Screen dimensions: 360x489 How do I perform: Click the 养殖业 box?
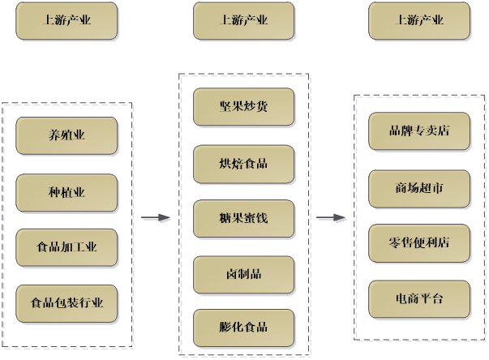click(x=66, y=135)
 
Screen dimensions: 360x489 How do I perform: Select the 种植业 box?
click(x=66, y=192)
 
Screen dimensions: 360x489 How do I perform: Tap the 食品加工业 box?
click(x=66, y=247)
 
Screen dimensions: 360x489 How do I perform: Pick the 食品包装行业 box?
click(x=66, y=303)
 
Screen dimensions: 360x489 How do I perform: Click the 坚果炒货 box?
click(x=243, y=107)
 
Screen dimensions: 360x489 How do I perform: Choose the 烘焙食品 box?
click(x=243, y=163)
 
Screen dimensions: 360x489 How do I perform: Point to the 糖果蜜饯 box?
click(x=243, y=218)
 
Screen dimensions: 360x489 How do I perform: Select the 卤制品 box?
click(x=243, y=273)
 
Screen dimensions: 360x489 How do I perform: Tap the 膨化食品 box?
click(x=243, y=328)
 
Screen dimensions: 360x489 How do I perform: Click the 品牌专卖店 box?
click(x=419, y=131)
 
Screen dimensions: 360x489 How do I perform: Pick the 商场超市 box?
click(x=419, y=188)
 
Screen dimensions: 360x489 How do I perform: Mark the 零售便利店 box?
click(x=419, y=242)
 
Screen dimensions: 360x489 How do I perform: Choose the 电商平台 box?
click(x=419, y=298)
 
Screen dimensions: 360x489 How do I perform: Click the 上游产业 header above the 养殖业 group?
click(x=66, y=21)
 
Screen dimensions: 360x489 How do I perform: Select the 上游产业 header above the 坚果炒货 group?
click(x=243, y=21)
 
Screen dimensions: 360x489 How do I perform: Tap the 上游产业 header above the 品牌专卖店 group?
click(x=419, y=21)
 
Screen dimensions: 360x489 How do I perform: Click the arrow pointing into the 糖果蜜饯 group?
click(x=156, y=218)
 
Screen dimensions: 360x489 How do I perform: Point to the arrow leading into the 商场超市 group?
click(x=332, y=218)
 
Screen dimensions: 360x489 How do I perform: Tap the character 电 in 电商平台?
click(x=401, y=298)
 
